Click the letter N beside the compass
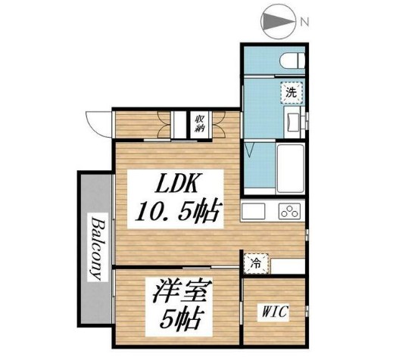304,22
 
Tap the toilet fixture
291,61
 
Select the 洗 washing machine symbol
291,93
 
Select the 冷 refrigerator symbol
256,264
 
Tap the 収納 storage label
199,123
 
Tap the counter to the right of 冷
287,265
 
